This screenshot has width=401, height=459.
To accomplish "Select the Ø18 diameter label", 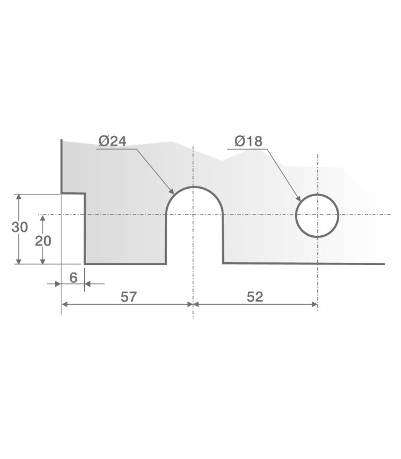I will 248,141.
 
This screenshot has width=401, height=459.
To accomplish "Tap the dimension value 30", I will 19,227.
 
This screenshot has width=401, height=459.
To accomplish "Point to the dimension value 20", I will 43,241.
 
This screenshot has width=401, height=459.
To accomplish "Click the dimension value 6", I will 73,277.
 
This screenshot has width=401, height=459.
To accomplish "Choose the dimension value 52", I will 255,297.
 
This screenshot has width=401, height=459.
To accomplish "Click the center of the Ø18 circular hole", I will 317,216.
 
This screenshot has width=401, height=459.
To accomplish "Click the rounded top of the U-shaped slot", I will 194,187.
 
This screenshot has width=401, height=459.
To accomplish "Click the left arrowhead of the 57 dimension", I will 64,304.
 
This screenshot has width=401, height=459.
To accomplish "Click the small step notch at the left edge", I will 74,194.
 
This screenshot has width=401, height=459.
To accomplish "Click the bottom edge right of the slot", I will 304,263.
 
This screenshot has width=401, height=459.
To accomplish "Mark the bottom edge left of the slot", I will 126,264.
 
